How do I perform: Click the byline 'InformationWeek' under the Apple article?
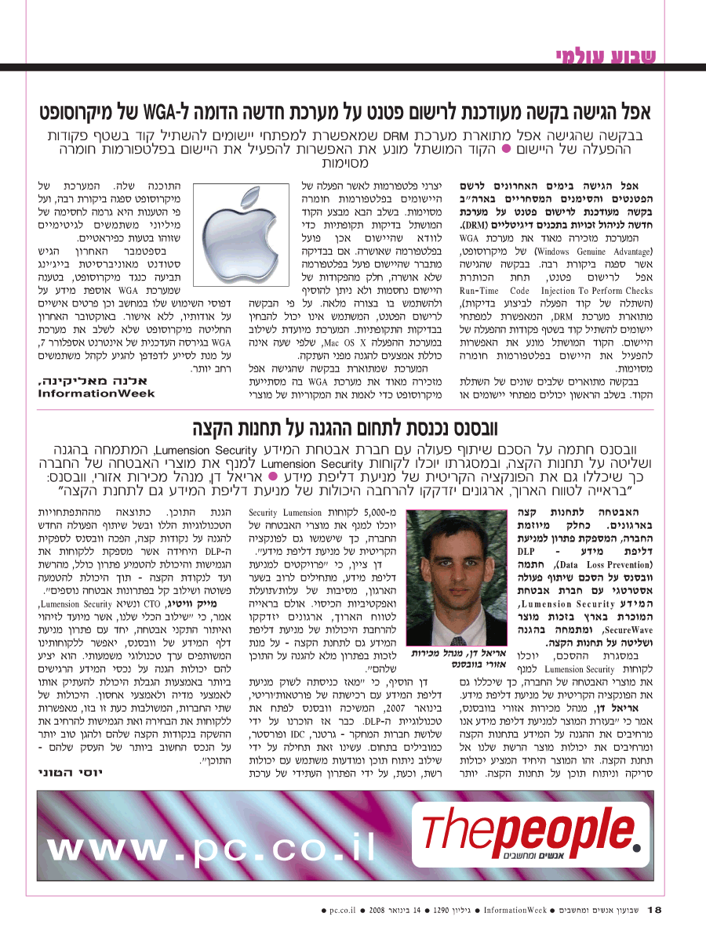[x=96, y=393]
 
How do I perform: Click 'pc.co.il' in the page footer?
[x=343, y=911]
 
